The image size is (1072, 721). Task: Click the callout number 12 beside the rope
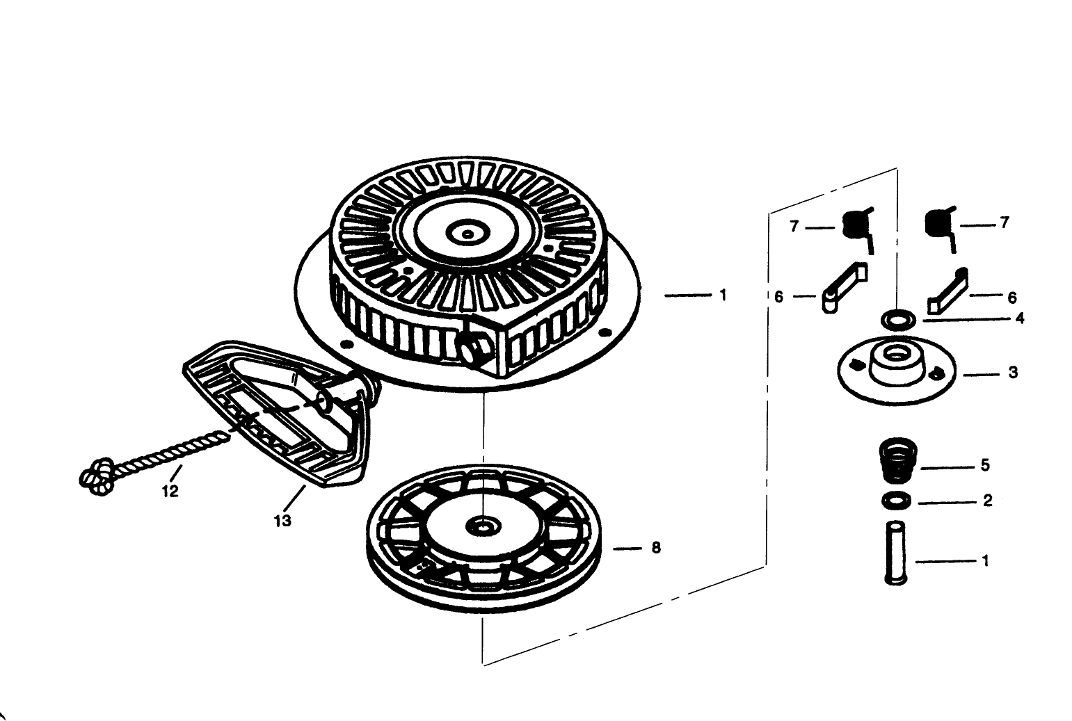(170, 491)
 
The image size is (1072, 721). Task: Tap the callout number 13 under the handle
(282, 521)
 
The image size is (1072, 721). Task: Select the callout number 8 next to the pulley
(656, 548)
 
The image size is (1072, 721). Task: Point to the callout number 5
(985, 465)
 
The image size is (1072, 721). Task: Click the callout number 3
(1013, 373)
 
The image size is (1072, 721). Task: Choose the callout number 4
(1020, 318)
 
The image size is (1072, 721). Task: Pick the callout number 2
(988, 501)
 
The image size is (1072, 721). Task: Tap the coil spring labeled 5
(899, 460)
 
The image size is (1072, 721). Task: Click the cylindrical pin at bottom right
(896, 552)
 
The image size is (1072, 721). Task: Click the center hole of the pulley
(483, 527)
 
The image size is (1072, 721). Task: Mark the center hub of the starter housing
(468, 233)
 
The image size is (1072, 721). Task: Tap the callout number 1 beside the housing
(723, 295)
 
